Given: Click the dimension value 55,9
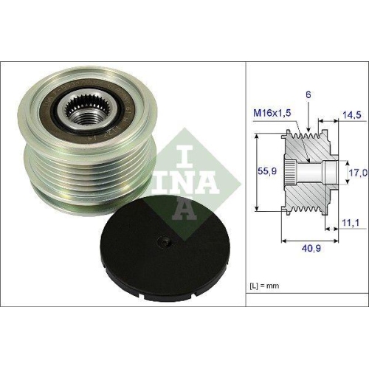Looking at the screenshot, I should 263,171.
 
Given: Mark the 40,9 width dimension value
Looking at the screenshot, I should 310,250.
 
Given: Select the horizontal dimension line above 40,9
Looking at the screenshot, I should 310,240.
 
